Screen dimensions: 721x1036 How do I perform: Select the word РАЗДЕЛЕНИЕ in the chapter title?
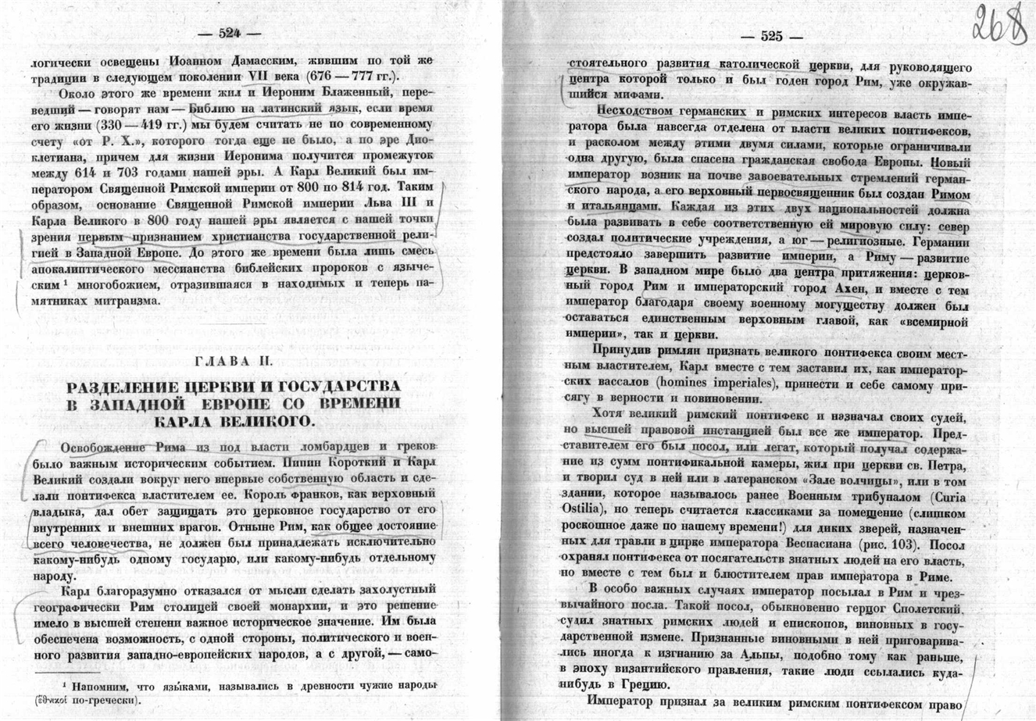134,387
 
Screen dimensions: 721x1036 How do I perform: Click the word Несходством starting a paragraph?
635,111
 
